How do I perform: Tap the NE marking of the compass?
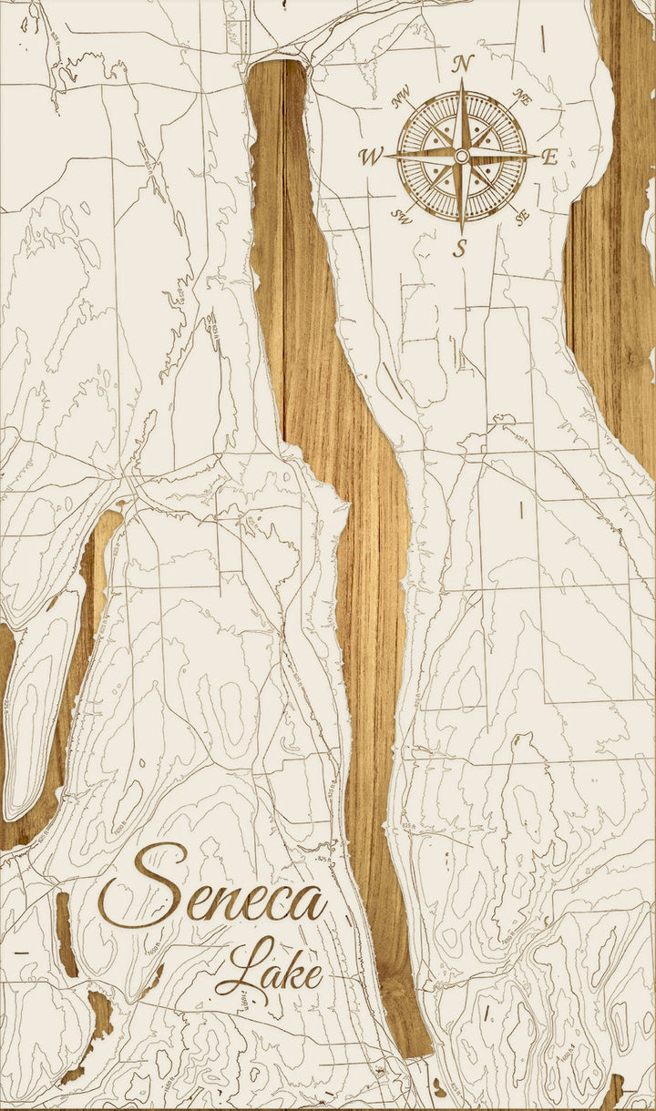522,100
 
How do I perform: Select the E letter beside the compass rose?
548,157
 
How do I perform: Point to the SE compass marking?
521,216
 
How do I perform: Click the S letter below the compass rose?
461,246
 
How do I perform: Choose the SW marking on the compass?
401,215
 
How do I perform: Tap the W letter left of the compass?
371,157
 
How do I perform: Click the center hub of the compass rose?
462,157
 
